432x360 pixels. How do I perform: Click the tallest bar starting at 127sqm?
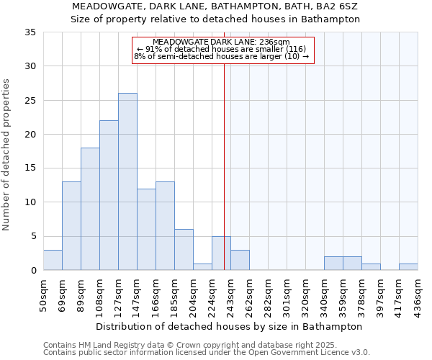click(127, 181)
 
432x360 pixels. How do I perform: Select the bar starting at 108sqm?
click(109, 195)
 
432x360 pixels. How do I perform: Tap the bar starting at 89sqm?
click(90, 209)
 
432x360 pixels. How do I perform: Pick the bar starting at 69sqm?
click(71, 226)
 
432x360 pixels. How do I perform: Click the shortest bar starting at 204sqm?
click(202, 267)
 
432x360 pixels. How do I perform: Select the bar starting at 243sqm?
click(240, 260)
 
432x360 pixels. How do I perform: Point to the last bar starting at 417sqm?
click(408, 267)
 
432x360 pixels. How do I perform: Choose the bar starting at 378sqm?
click(371, 267)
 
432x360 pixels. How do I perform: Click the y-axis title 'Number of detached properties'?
click(7, 155)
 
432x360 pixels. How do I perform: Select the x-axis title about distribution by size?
click(228, 326)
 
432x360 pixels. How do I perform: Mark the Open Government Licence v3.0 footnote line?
click(207, 352)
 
